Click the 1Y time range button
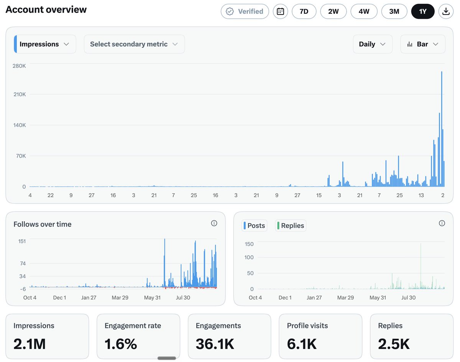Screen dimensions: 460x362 (422, 12)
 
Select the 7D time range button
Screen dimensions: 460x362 (304, 12)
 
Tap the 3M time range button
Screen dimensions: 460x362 (394, 12)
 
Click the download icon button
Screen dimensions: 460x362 (446, 12)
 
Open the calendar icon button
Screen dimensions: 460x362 (280, 12)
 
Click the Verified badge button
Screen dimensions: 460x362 (245, 12)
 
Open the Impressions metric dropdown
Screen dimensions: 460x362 (45, 44)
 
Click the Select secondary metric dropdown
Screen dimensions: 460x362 (134, 44)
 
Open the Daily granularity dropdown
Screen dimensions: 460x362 (373, 44)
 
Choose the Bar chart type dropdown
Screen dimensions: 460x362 (422, 44)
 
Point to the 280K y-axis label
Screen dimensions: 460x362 (19, 66)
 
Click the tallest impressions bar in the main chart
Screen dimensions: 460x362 (442, 129)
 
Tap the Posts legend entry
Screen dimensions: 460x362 (254, 225)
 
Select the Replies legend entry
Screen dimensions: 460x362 (291, 225)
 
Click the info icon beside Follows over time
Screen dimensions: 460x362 (214, 223)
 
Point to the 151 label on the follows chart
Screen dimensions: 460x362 (22, 241)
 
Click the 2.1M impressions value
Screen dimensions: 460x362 (30, 344)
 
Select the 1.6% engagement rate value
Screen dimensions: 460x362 (120, 344)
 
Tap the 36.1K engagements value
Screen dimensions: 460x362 (215, 344)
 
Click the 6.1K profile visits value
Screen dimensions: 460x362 (302, 344)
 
